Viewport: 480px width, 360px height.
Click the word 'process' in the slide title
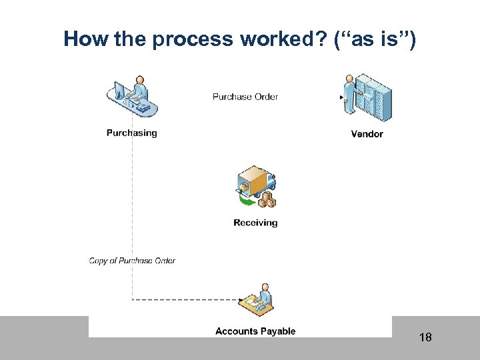point(191,40)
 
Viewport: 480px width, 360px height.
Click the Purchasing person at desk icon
point(133,98)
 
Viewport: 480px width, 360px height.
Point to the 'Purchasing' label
point(132,133)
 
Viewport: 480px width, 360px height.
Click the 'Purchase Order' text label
point(245,97)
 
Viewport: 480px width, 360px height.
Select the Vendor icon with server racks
point(367,98)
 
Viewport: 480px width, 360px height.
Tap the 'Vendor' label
point(367,134)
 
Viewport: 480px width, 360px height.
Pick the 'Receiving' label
point(255,223)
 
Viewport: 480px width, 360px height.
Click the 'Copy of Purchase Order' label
point(132,261)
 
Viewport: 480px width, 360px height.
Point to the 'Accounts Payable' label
point(255,331)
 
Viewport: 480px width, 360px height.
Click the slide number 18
point(425,337)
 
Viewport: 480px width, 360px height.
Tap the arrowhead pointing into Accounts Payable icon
point(238,300)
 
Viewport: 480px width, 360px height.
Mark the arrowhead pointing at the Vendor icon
point(342,97)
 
